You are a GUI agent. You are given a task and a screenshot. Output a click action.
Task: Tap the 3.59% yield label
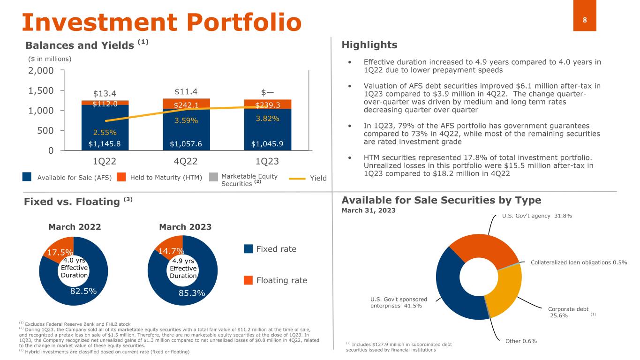[x=187, y=120]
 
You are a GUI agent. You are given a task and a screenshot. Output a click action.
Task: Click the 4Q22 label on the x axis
[x=185, y=162]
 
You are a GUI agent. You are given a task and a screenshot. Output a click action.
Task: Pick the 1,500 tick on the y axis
[x=40, y=90]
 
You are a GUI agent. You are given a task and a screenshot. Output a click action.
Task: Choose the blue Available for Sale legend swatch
[x=27, y=177]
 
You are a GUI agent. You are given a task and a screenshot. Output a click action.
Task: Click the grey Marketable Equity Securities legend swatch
[x=213, y=177]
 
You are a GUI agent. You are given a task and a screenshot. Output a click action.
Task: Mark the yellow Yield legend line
[x=297, y=178]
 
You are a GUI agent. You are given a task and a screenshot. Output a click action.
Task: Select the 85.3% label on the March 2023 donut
[x=192, y=293]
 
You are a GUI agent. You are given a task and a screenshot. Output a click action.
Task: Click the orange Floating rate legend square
[x=248, y=280]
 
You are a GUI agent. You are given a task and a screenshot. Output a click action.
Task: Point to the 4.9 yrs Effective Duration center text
[x=183, y=268]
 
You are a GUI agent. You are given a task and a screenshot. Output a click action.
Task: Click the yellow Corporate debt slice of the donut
[x=504, y=290]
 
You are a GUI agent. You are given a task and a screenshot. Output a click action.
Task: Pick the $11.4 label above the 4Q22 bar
[x=185, y=90]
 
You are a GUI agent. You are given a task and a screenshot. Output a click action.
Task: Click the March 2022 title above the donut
[x=75, y=227]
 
